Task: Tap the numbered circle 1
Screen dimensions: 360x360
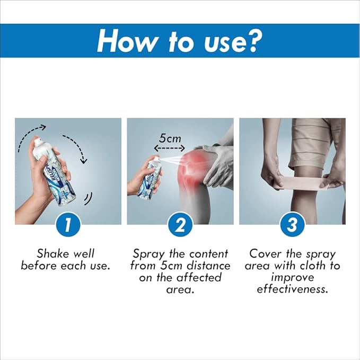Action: tap(68, 225)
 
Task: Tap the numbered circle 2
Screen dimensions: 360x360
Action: tap(180, 225)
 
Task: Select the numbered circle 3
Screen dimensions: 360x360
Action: tap(292, 225)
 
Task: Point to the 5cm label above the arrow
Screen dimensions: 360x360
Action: tap(170, 138)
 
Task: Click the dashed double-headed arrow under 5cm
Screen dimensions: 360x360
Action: tap(170, 148)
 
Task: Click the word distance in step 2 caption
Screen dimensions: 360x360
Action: tap(208, 266)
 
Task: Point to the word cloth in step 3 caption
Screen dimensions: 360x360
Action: tap(314, 266)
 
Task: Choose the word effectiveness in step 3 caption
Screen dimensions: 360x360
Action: tap(292, 289)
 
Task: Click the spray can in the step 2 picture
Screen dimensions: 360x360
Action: tap(149, 178)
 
